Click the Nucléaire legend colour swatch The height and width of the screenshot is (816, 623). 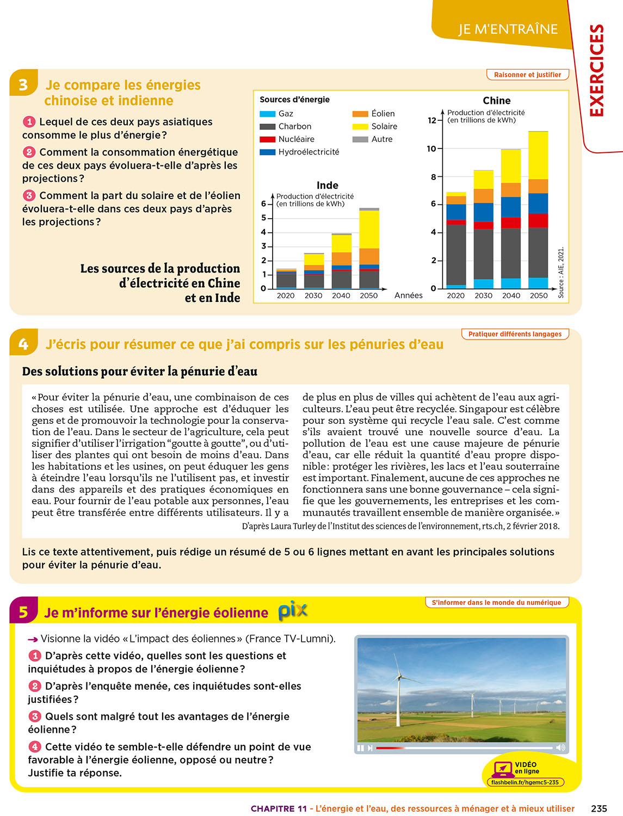267,139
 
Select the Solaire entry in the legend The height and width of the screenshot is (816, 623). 384,126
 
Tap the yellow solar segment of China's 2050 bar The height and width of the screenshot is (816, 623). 538,155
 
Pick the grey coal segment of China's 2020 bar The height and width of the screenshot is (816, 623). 456,254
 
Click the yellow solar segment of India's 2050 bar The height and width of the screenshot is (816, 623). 369,229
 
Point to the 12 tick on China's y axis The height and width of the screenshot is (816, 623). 432,120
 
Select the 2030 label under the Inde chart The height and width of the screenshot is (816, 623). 313,295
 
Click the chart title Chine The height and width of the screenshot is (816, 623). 496,101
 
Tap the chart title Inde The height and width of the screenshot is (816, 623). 327,186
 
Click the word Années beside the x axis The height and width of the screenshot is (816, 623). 408,295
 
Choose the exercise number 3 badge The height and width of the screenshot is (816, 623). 23,85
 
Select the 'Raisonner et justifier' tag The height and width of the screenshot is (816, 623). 527,75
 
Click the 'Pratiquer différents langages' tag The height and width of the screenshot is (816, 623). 515,334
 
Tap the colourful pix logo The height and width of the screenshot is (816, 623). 293,611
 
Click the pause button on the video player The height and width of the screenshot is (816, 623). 360,748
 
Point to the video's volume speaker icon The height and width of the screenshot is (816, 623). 560,748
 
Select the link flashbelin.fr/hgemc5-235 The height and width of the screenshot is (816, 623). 525,782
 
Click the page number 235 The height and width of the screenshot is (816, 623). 599,808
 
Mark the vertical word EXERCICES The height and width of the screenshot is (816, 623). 597,71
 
